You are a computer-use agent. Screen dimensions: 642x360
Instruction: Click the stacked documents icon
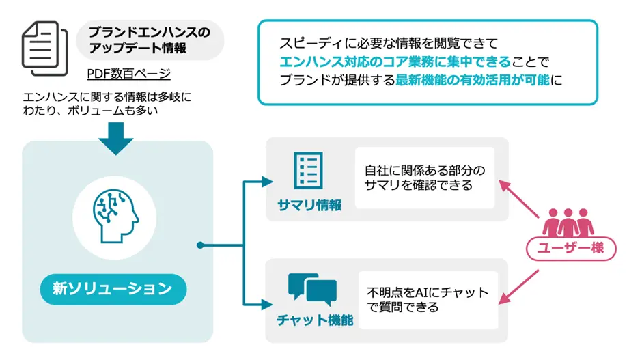45,49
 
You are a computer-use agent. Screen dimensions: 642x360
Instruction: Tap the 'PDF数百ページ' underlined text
128,74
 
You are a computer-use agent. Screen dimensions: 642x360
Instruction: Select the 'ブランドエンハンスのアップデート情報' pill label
150,40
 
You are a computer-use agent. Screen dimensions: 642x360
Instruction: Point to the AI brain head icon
115,217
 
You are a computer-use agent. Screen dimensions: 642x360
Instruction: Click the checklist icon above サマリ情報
308,170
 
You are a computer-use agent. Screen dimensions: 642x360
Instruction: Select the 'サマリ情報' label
309,205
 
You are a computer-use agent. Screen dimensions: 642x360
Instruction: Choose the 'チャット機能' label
315,320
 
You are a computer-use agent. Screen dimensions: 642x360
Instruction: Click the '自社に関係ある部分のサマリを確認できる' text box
425,178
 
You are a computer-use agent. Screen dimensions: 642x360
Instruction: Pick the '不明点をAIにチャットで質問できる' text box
428,299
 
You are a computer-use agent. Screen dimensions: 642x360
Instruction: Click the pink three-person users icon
568,223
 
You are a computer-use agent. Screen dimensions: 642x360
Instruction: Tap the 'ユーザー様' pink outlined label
571,248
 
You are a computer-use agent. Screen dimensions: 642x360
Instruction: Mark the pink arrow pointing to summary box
519,199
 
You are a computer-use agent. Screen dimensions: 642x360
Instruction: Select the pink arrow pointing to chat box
518,287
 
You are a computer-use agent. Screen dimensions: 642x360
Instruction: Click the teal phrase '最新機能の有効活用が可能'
473,80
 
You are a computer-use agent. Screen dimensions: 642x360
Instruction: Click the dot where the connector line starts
200,245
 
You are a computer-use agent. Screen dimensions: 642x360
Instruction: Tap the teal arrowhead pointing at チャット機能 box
267,304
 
